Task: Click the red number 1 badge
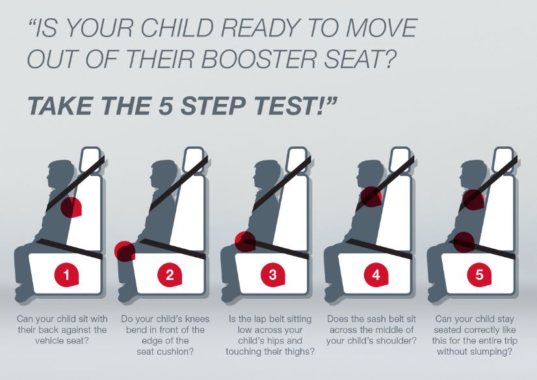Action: [x=67, y=274]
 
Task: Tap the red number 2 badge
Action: [x=170, y=274]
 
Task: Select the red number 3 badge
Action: [x=273, y=274]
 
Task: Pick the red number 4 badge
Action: [x=376, y=274]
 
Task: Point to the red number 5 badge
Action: [x=480, y=274]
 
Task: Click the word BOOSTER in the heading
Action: [x=259, y=58]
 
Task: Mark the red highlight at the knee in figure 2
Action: [x=125, y=251]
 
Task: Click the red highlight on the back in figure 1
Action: [x=72, y=207]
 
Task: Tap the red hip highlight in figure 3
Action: [x=245, y=242]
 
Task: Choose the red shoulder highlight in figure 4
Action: [x=371, y=197]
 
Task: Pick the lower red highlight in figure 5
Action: [x=464, y=242]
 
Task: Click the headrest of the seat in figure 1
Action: [x=91, y=159]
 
